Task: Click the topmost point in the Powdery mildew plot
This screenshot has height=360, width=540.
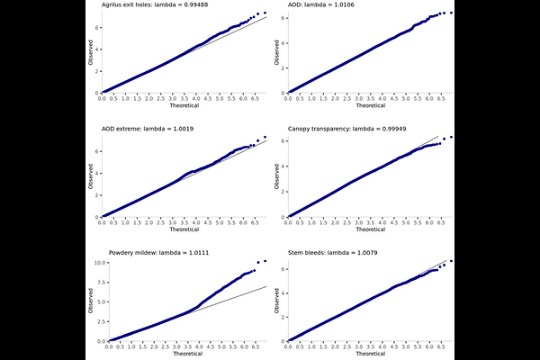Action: tap(264, 261)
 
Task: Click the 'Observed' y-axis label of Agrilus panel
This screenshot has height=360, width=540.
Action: tap(90, 50)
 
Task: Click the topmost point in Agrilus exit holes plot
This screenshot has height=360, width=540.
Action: tap(264, 13)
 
